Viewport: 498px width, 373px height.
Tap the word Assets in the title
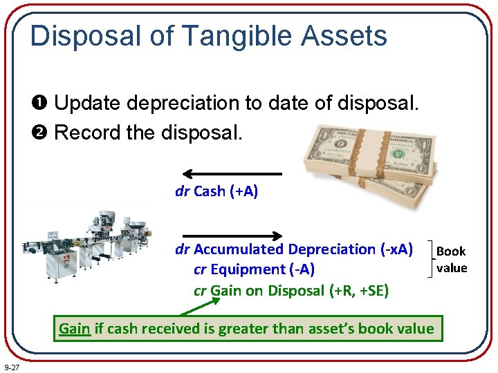346,36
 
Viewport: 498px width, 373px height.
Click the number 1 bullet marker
41,104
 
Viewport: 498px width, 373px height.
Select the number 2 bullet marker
41,132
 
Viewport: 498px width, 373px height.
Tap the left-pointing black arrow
232,174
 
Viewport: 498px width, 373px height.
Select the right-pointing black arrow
232,235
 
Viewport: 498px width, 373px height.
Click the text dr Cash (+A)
216,191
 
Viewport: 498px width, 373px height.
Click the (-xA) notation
396,249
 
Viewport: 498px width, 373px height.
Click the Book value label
452,260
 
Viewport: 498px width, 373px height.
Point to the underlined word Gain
75,329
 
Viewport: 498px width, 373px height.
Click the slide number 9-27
12,367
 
